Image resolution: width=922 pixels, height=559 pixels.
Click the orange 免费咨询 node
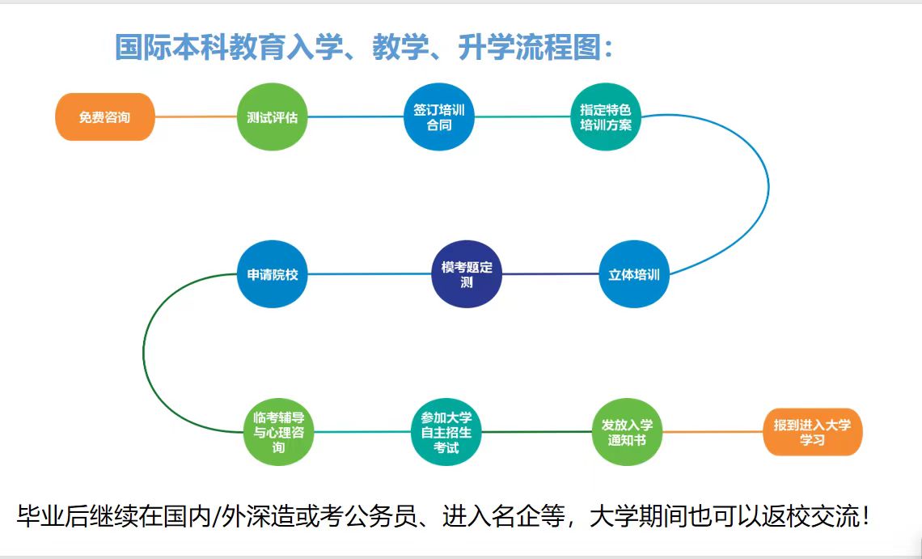[x=104, y=116]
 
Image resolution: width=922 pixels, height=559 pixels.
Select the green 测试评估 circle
[x=272, y=116]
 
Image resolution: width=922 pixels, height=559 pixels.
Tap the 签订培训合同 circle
[x=438, y=116]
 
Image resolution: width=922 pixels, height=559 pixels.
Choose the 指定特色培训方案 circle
[x=606, y=116]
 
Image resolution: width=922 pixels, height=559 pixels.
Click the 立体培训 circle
[x=634, y=273]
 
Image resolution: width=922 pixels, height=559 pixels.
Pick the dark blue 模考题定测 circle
[x=467, y=273]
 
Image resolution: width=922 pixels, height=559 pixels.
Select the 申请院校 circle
[x=272, y=273]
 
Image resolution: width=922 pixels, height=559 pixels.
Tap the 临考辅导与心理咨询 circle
[x=279, y=432]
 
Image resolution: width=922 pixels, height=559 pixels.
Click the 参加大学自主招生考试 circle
[x=446, y=432]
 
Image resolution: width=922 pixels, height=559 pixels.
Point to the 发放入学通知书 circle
[x=627, y=432]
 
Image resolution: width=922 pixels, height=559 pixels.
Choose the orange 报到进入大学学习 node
[x=812, y=432]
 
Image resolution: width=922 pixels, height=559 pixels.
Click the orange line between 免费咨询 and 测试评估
[x=196, y=116]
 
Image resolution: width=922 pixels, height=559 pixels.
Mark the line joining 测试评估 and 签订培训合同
[x=355, y=116]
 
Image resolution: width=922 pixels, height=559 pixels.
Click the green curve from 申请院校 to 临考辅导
[x=143, y=353]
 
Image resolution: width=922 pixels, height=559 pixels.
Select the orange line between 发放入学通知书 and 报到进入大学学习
[x=713, y=432]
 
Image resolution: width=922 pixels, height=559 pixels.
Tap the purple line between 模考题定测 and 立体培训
[x=551, y=273]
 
